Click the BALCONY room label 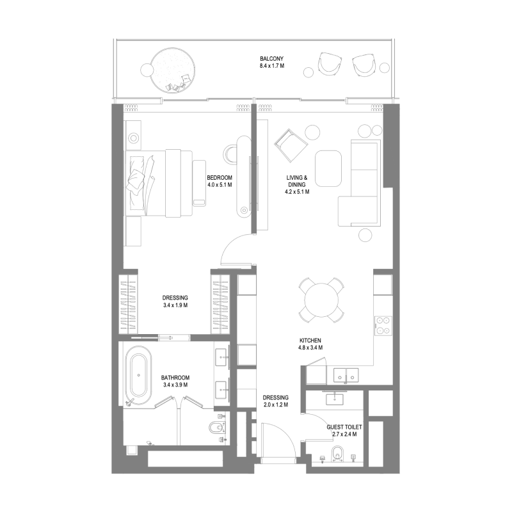click(271, 59)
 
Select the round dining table click(321, 300)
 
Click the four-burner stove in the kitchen click(383, 325)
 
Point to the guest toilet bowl click(337, 454)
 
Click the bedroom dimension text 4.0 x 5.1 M click(220, 185)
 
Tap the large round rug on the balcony click(173, 70)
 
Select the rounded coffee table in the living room click(328, 168)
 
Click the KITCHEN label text click(310, 340)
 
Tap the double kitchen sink click(346, 375)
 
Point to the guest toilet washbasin click(335, 399)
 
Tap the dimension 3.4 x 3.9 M click(175, 385)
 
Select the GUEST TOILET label click(344, 427)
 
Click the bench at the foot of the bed click(199, 183)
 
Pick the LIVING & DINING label click(297, 181)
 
